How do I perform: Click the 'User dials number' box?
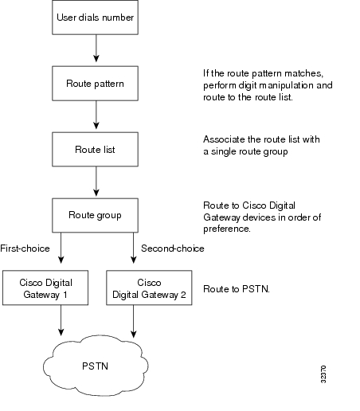click(x=95, y=18)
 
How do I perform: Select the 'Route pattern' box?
click(x=95, y=84)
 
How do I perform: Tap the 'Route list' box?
click(x=95, y=149)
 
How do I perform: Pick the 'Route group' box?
click(x=95, y=215)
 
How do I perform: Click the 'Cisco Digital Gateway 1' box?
click(x=45, y=288)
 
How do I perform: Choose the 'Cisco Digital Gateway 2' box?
click(x=149, y=288)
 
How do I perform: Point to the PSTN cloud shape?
click(x=96, y=366)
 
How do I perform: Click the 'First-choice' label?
click(x=25, y=249)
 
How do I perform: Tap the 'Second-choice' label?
click(x=173, y=249)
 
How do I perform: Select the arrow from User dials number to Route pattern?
click(x=96, y=49)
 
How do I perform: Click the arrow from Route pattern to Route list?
click(x=96, y=115)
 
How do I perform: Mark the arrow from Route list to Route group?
click(x=96, y=182)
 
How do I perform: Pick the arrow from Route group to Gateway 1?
click(x=61, y=248)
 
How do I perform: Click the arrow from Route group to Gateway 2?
click(x=134, y=248)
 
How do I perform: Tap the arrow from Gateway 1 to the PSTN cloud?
click(x=61, y=320)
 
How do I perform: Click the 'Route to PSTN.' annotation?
click(x=237, y=289)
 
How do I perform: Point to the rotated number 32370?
click(x=323, y=374)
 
